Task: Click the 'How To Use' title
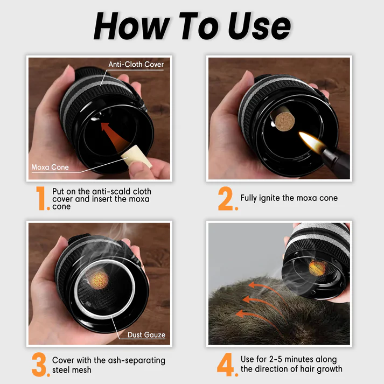(192, 26)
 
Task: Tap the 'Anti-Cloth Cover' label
(136, 64)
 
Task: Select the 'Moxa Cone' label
(50, 167)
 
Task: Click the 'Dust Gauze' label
(146, 335)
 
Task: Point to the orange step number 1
(41, 198)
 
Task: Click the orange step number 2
(226, 198)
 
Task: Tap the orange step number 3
(40, 365)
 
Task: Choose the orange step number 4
(226, 365)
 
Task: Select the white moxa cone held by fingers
(136, 157)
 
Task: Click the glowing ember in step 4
(317, 268)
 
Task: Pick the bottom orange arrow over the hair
(260, 318)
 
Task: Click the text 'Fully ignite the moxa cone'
(289, 198)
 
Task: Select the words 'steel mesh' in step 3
(72, 370)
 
